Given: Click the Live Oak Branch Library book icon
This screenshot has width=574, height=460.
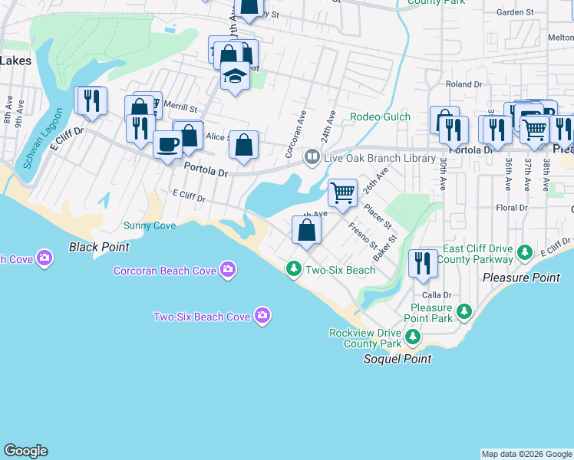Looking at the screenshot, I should [312, 157].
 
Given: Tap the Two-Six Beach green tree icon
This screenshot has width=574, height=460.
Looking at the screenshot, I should [293, 269].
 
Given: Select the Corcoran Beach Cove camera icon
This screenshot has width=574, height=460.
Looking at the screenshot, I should [227, 269].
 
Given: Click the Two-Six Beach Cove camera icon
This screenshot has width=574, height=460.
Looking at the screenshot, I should [262, 316].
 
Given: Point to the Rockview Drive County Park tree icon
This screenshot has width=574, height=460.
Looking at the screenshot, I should [413, 336].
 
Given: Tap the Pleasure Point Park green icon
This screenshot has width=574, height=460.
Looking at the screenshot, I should [463, 310].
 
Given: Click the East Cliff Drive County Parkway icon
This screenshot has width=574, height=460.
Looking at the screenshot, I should [525, 251].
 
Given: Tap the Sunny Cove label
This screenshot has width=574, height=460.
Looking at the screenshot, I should [150, 225].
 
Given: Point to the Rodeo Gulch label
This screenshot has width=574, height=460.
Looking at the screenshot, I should [380, 117].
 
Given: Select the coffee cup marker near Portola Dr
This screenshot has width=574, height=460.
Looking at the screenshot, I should [167, 143].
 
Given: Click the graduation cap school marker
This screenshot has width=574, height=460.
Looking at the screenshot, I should [236, 77].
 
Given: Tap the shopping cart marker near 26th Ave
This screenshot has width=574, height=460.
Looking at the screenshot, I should [342, 192].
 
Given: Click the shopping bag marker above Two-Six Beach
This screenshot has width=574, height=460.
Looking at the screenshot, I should [306, 229].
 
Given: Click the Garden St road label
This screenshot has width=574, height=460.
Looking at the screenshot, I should [515, 12].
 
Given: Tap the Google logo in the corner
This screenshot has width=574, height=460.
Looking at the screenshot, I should [25, 451].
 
